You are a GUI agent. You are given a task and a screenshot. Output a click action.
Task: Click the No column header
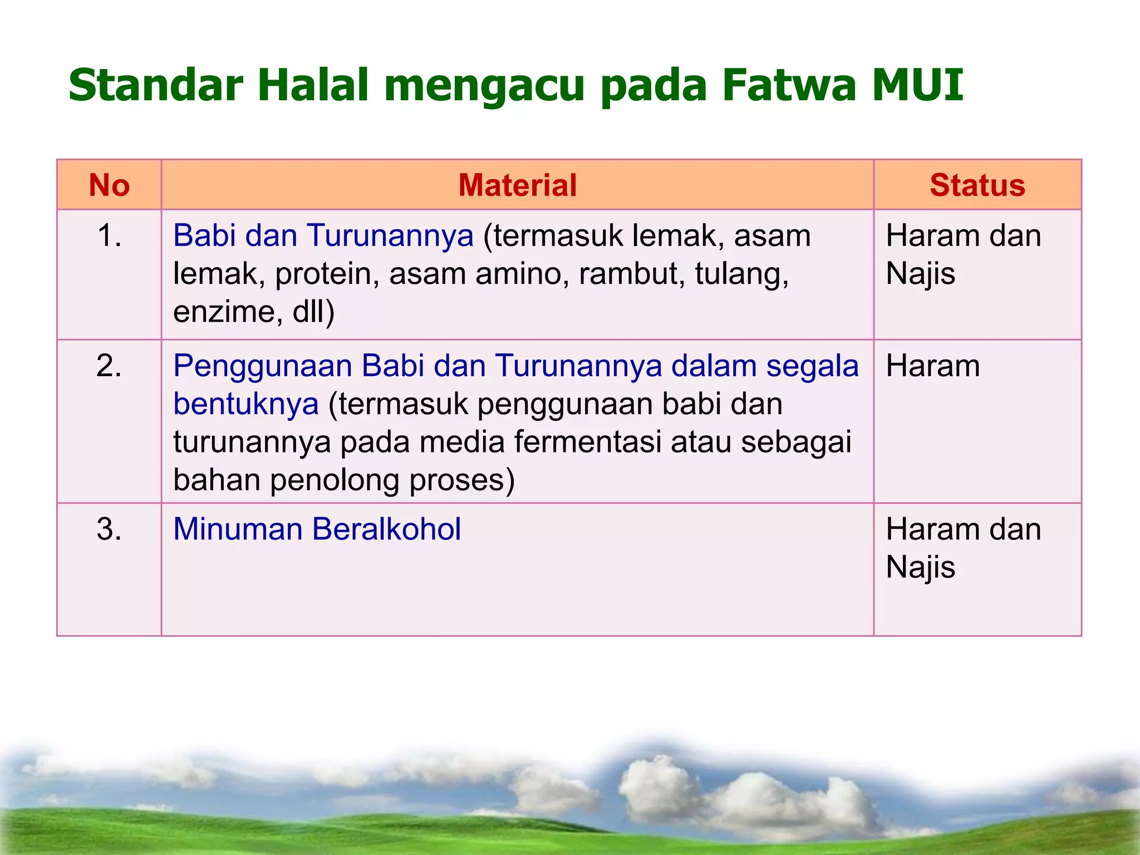pos(109,185)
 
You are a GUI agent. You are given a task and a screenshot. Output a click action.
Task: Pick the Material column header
pos(517,185)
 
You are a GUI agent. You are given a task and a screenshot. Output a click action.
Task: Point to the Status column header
pos(977,185)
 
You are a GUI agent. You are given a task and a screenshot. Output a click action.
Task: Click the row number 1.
pos(109,235)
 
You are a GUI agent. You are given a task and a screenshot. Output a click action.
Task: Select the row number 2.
pos(109,366)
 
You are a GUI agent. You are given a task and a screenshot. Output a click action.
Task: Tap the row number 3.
pos(109,529)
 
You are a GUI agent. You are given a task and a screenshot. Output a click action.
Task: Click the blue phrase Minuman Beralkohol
pos(317,529)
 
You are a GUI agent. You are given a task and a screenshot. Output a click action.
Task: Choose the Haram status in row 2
pos(932,366)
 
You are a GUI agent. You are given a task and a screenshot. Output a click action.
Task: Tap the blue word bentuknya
pos(245,404)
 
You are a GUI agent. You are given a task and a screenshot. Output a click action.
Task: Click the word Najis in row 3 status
pos(920,567)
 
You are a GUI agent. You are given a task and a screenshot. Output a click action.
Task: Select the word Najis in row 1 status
pos(920,274)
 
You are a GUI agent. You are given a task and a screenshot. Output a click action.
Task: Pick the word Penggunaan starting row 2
pos(262,366)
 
